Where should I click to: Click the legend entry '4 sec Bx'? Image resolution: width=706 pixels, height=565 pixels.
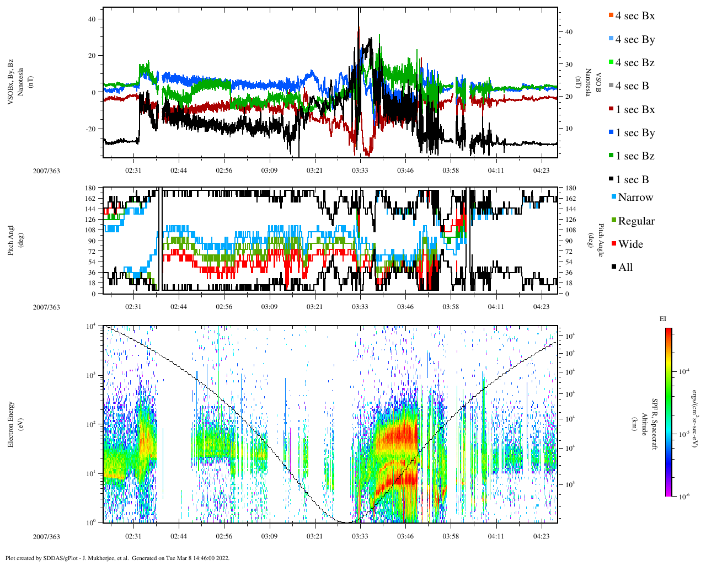[634, 16]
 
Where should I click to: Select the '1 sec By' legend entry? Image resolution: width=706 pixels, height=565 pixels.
[635, 133]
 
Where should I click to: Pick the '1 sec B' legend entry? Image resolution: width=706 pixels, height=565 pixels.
[632, 180]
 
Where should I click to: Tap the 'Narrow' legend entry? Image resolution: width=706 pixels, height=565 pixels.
[635, 198]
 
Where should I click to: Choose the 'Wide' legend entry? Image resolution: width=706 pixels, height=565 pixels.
[630, 244]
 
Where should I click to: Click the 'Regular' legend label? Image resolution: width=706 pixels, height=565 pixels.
[636, 221]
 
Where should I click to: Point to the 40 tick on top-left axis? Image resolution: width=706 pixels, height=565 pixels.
[92, 19]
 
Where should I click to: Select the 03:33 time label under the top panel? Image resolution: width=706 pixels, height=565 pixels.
[360, 171]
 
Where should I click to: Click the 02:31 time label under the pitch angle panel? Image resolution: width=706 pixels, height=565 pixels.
[133, 307]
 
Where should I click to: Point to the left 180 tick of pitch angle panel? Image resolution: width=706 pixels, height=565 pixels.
[90, 188]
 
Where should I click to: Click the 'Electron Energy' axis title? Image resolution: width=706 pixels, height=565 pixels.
[11, 424]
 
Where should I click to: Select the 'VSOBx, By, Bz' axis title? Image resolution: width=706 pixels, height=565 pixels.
[11, 83]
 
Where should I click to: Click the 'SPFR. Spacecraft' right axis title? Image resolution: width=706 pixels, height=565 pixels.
[655, 424]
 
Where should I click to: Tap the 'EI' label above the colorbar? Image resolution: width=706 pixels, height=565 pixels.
[663, 319]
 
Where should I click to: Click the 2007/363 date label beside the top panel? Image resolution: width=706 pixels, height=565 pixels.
[46, 171]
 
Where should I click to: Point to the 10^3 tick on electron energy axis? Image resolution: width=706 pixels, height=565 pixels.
[92, 376]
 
